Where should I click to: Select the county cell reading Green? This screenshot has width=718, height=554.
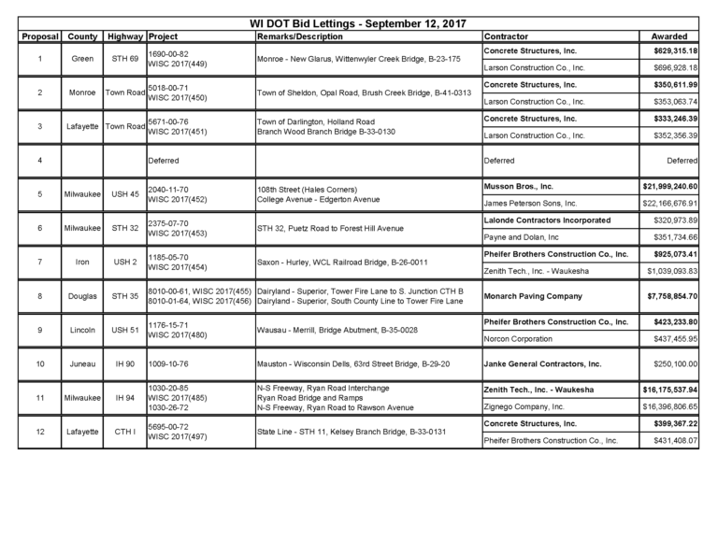tap(82, 58)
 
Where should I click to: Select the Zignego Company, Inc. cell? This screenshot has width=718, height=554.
tap(524, 407)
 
